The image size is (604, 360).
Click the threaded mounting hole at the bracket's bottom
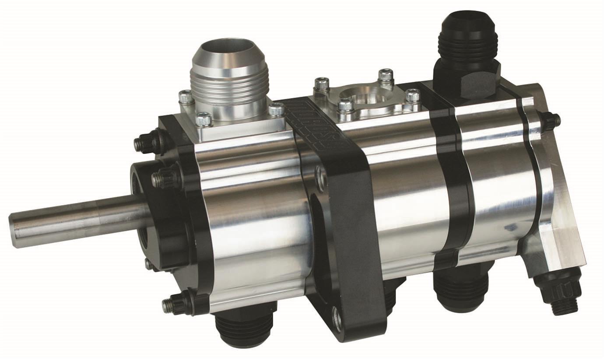pyautogui.click(x=337, y=319)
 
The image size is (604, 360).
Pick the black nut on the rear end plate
pyautogui.click(x=551, y=120)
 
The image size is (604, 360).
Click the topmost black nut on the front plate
pyautogui.click(x=147, y=143)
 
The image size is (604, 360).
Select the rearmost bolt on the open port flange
pyautogui.click(x=386, y=75)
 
